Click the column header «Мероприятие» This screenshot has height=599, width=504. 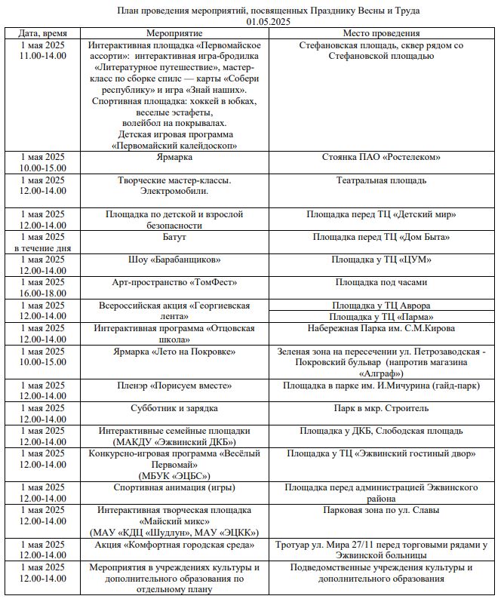(x=175, y=34)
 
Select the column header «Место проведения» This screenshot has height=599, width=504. (x=381, y=34)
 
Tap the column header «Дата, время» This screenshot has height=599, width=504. (x=42, y=34)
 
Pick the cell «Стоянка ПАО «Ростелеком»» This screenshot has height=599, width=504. (x=381, y=157)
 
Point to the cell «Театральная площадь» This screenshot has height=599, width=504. (x=381, y=180)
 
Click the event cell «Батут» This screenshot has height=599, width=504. (x=174, y=237)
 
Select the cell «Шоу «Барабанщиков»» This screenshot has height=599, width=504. (x=174, y=260)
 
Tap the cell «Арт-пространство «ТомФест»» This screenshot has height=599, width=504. (x=174, y=282)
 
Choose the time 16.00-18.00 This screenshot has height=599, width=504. (x=42, y=293)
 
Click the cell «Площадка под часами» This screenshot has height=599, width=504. (x=381, y=282)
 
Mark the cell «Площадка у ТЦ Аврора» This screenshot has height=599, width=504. (x=381, y=306)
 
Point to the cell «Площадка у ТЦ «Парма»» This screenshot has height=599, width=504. (x=381, y=317)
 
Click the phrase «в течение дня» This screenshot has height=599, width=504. (x=42, y=248)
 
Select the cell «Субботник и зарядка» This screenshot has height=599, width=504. (x=174, y=408)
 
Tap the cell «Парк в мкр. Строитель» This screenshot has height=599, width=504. (x=381, y=408)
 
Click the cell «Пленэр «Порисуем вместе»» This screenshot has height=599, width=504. (x=174, y=386)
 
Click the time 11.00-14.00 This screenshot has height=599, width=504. (x=42, y=57)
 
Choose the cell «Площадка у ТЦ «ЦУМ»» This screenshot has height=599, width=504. (x=381, y=260)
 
